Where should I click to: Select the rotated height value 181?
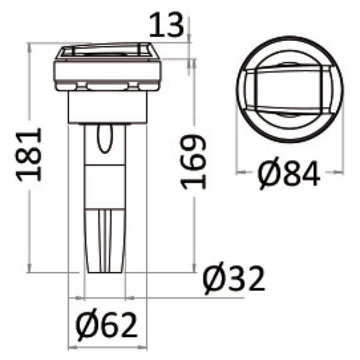(30, 154)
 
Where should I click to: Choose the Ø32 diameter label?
(233, 279)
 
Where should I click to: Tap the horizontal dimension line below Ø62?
(107, 347)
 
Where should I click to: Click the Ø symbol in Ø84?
(269, 175)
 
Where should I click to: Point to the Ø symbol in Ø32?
(215, 280)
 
